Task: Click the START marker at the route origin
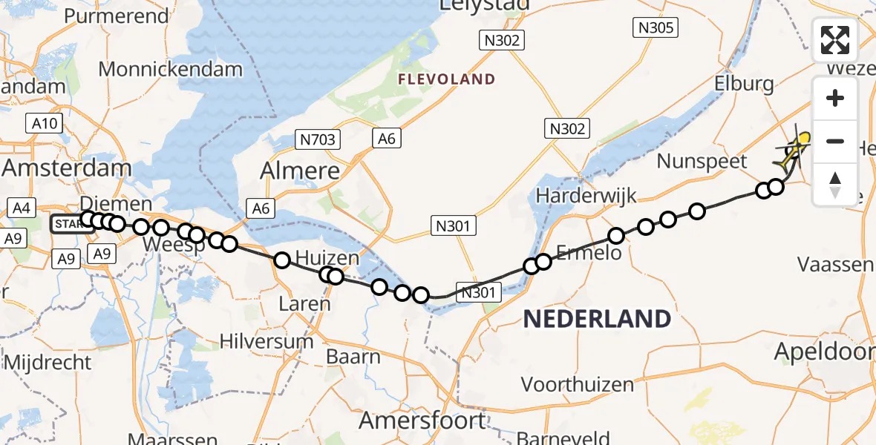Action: (68, 222)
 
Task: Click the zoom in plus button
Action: (835, 99)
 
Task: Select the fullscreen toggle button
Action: (835, 40)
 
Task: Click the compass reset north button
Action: (835, 184)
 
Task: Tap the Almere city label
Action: (300, 171)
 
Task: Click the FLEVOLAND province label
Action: (446, 79)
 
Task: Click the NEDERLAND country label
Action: (597, 320)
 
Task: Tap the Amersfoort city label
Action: (422, 421)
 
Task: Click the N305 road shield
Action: (655, 28)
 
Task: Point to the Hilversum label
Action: (267, 342)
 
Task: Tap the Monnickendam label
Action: (170, 70)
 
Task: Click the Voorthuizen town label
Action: (578, 384)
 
